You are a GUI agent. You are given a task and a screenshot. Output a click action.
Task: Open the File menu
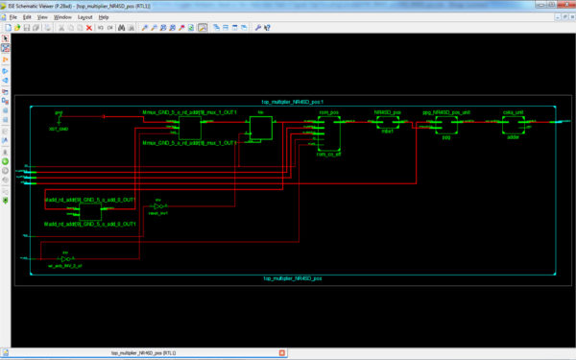coord(13,17)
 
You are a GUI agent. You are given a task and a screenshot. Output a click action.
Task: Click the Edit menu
coord(28,17)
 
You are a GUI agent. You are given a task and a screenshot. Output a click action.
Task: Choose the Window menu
coord(62,17)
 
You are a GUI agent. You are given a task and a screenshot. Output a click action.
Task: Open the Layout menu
coord(85,17)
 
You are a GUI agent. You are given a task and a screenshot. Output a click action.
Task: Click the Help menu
coord(105,17)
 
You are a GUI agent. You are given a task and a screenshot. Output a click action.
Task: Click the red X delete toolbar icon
coord(89,27)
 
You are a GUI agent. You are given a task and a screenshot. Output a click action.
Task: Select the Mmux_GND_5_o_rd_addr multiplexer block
coord(189,128)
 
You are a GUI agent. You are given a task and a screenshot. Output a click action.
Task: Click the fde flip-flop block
coord(260,128)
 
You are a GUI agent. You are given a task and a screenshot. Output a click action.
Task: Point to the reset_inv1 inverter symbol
coord(161,206)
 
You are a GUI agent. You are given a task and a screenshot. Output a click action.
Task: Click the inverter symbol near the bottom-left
coord(65,258)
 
